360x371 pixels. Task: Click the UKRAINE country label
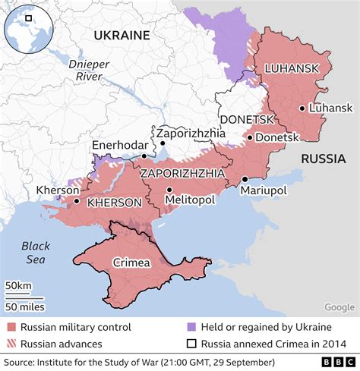tap(122, 36)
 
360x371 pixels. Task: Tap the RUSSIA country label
tap(326, 158)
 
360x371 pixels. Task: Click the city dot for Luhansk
tap(302, 108)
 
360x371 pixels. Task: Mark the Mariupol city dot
tap(245, 179)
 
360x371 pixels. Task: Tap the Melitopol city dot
tap(169, 190)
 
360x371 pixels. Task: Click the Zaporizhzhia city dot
tap(162, 143)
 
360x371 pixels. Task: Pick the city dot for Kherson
tap(77, 202)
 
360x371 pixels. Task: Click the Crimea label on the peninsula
tap(131, 263)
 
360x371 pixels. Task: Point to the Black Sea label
tap(35, 252)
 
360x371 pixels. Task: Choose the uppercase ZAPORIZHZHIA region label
tap(182, 173)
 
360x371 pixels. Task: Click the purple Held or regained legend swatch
tap(191, 327)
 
